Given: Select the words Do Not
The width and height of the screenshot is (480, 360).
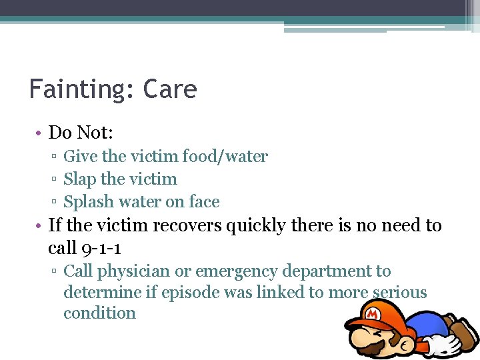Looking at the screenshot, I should coord(80,133).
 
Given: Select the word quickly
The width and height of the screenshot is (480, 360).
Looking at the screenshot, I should coord(259,226).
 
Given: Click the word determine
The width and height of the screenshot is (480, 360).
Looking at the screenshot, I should coord(102,293).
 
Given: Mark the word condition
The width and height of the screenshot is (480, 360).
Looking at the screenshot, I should coord(99,313).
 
